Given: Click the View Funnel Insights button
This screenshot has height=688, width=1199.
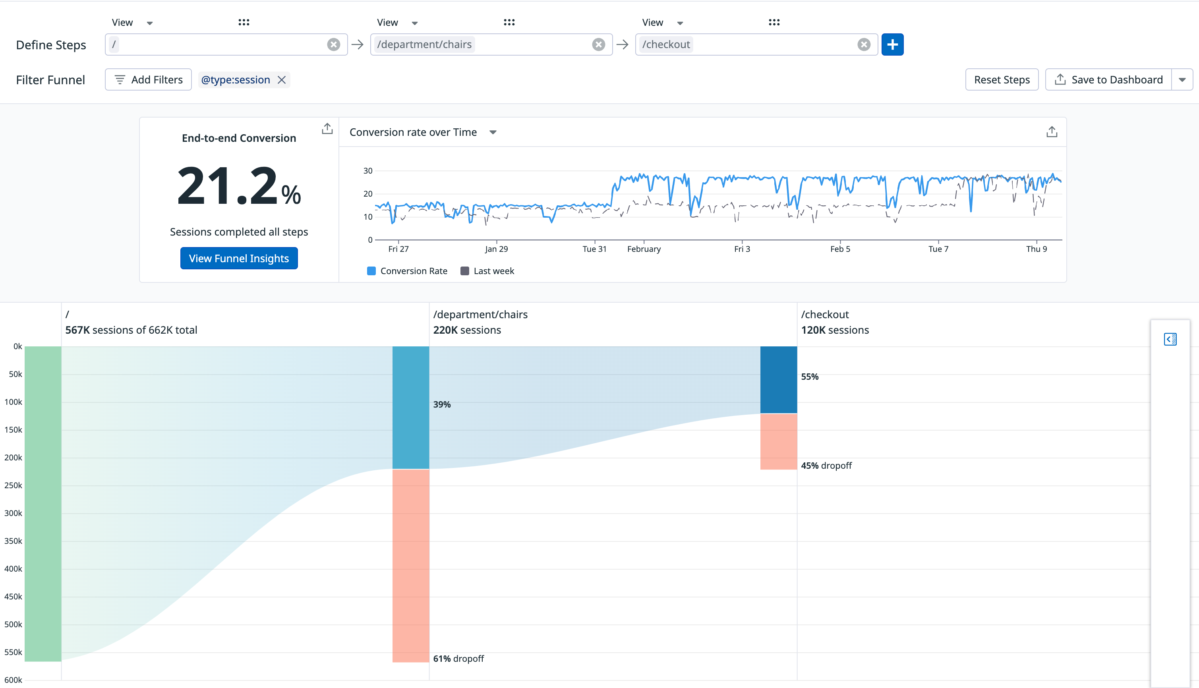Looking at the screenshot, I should tap(239, 259).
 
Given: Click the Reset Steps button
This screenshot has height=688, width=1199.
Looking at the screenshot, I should tap(1002, 80).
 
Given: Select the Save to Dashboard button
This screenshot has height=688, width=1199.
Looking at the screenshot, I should tap(1108, 80).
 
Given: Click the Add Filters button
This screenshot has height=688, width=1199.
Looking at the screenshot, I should tap(149, 80).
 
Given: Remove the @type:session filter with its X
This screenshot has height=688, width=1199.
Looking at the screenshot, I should tap(282, 80).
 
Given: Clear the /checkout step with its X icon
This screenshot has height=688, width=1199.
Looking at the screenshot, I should tap(863, 44).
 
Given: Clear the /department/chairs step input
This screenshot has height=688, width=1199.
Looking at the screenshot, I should tap(598, 44).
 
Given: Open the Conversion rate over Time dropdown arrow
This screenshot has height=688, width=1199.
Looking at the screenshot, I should tap(493, 132).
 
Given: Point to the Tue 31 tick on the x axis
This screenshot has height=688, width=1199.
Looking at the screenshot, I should tap(594, 249).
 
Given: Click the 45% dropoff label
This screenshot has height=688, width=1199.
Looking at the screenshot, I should tap(826, 466).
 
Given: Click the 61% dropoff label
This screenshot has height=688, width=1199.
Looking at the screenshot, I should tap(458, 659).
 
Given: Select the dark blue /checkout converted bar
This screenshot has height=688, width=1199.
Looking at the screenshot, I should tap(778, 380).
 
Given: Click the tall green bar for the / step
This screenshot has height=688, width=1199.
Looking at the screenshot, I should tap(43, 504).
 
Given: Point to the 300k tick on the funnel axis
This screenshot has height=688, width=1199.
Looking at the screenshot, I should tap(13, 513).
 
